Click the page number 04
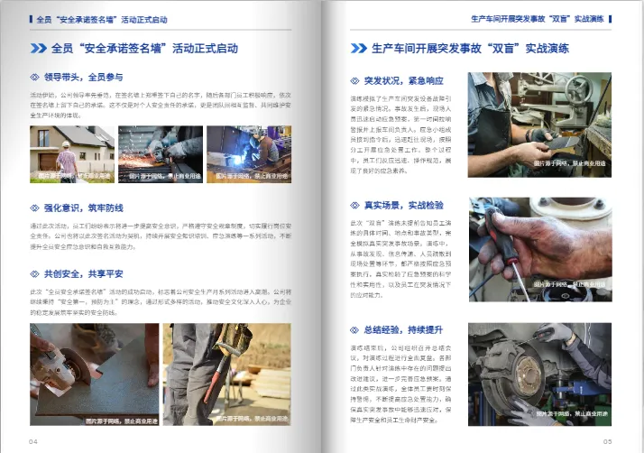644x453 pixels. (33, 441)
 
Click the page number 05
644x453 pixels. (607, 441)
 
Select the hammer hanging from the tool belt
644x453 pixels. (236, 340)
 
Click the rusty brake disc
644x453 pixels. (522, 379)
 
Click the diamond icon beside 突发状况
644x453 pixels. (355, 79)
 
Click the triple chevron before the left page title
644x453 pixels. (40, 48)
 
